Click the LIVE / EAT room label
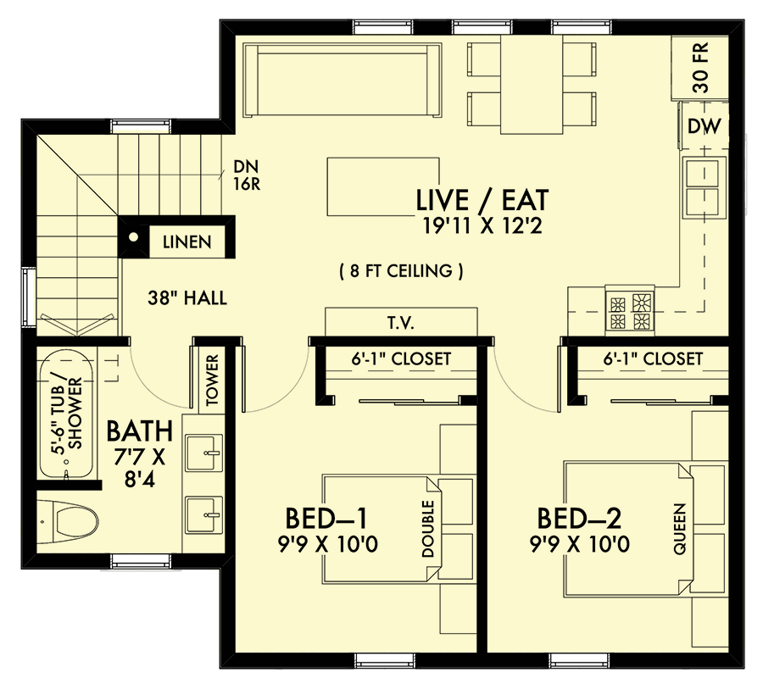[x=482, y=201]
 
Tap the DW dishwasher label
[x=704, y=127]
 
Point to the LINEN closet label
[x=187, y=242]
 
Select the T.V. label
[x=403, y=323]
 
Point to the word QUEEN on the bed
[x=679, y=530]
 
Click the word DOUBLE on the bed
[x=426, y=530]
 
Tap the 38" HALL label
[x=186, y=298]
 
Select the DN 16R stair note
[x=248, y=175]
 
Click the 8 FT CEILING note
[x=401, y=271]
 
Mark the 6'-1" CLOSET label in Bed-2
[x=654, y=358]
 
